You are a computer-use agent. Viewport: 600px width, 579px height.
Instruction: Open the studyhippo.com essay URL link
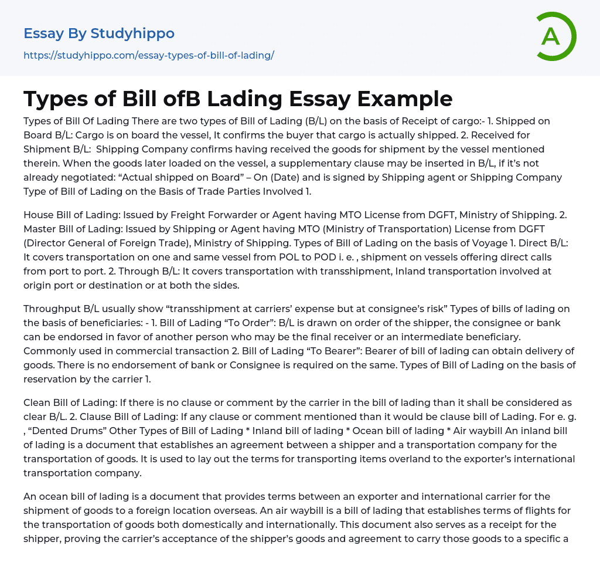tap(149, 56)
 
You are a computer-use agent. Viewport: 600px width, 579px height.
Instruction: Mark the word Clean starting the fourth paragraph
tap(36, 403)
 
